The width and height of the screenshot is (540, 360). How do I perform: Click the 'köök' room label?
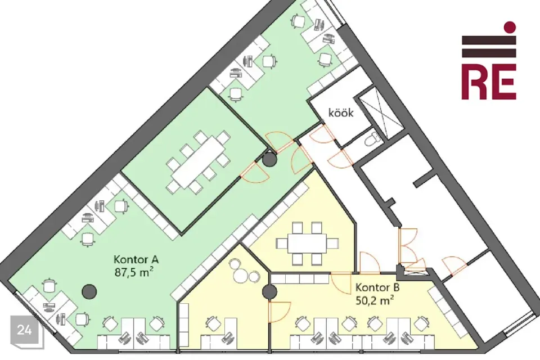point(341,112)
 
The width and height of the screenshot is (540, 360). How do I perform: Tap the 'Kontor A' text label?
point(136,259)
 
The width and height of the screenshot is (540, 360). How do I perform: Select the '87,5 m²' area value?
point(134,272)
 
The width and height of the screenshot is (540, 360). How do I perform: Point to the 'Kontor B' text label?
point(377,287)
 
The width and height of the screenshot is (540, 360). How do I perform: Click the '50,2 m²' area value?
point(375,300)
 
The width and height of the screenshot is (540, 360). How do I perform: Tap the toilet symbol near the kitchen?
point(372,139)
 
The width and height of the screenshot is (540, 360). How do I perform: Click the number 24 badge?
point(24,330)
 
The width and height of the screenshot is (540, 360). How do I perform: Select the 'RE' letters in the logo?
point(489,82)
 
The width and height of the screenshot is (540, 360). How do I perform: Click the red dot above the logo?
point(510,27)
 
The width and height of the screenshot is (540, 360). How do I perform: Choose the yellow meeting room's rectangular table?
point(307,244)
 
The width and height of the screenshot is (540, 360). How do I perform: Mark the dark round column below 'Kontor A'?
point(89,291)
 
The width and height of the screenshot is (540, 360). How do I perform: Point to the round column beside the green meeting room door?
point(269,160)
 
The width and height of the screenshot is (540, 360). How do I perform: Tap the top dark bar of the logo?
point(489,40)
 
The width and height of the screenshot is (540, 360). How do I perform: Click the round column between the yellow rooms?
point(269,292)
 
